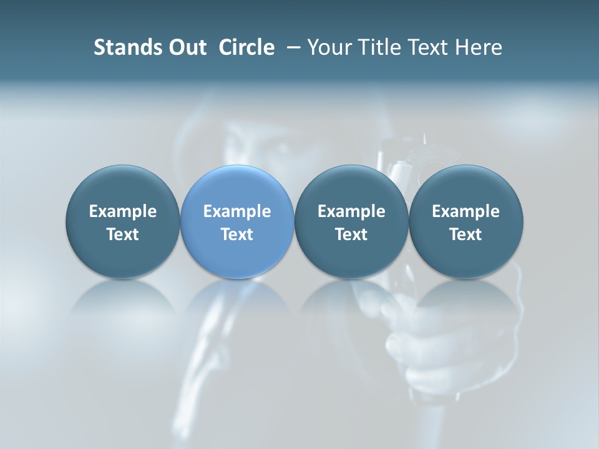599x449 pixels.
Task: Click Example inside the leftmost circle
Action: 122,211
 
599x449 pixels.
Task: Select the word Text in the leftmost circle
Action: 122,234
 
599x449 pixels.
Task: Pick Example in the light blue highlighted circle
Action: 237,211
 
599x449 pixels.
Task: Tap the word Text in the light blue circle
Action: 237,234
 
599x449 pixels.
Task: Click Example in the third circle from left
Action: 351,211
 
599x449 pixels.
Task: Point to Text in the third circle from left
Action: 351,234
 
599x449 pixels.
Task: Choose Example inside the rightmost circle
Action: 465,211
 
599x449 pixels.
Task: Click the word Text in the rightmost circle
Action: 465,234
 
